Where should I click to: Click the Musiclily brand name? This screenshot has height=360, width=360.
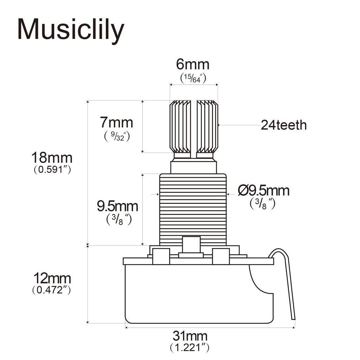(x=70, y=30)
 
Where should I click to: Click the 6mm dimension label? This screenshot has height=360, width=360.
(x=193, y=65)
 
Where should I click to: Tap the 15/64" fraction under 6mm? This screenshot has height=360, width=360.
(x=193, y=78)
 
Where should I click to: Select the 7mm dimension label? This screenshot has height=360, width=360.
(x=116, y=123)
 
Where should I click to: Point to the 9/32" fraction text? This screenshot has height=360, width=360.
(x=117, y=136)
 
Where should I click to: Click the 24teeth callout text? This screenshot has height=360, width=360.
(x=283, y=125)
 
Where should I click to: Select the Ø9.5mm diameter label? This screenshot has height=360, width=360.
(x=263, y=191)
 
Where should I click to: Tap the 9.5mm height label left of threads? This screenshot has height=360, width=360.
(x=117, y=206)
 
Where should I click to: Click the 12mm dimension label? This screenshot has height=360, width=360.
(x=52, y=279)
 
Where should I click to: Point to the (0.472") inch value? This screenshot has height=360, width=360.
(x=52, y=291)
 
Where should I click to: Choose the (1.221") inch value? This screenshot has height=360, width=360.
(x=190, y=348)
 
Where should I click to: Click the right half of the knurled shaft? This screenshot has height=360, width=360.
(x=207, y=127)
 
